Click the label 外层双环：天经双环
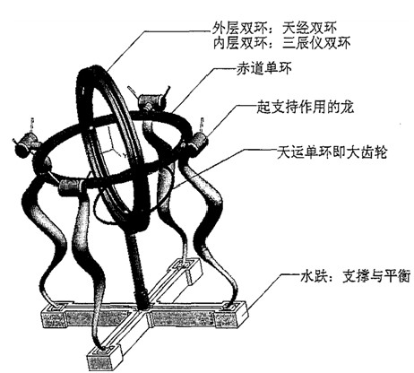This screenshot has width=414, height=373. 274,29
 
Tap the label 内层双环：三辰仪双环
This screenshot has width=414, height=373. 281,44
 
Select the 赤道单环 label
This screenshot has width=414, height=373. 263,69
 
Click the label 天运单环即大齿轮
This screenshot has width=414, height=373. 332,152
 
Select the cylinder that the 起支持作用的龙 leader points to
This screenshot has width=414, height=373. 198,142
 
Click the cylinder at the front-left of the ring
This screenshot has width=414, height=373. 70,186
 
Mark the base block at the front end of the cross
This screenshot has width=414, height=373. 105,357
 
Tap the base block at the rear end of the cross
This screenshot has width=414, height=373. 186,269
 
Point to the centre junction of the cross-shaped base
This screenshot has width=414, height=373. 141,314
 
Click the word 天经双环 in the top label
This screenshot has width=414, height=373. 309,29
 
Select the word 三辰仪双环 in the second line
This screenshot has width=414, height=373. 316,44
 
